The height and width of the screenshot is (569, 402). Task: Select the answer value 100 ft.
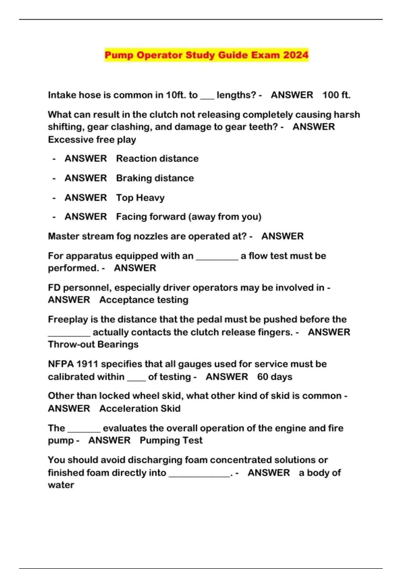336,95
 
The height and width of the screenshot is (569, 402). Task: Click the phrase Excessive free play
92,140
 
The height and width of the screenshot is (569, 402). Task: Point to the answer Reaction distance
157,158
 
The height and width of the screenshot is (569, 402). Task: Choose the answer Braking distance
155,178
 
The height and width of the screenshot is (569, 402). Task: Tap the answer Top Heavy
140,197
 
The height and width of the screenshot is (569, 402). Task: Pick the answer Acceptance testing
144,300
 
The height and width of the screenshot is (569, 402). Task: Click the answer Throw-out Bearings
93,344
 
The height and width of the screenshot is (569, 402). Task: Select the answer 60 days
274,377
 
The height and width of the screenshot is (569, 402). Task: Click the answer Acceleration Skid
140,408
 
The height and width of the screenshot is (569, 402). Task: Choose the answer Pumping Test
171,440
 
